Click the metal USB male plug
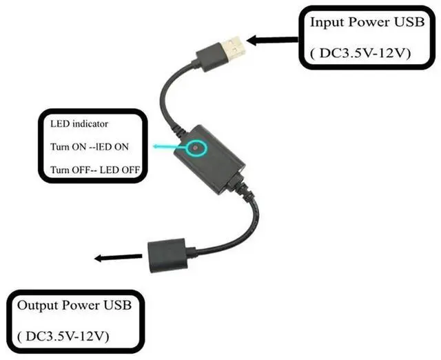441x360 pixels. (232, 48)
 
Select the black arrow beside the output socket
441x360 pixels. (110, 258)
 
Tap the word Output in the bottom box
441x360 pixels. (37, 304)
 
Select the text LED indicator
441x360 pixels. (79, 125)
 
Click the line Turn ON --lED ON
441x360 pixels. (90, 147)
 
